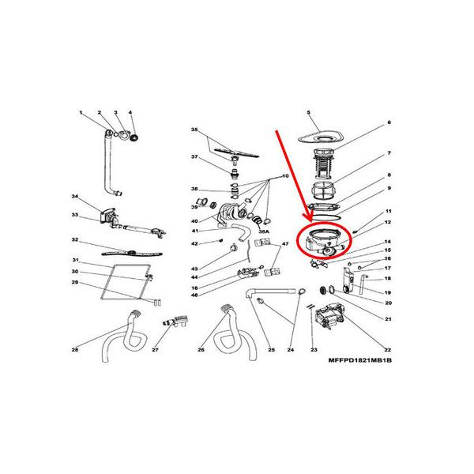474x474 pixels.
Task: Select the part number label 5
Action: [x=308, y=114]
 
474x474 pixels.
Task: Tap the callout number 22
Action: [x=388, y=349]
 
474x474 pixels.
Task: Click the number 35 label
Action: [x=194, y=130]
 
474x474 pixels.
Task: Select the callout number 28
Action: [x=74, y=349]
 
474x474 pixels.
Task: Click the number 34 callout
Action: [x=74, y=196]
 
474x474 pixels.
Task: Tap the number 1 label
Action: [x=81, y=114]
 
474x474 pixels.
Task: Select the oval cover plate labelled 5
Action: [x=321, y=137]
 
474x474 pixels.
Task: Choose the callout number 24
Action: [x=290, y=349]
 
